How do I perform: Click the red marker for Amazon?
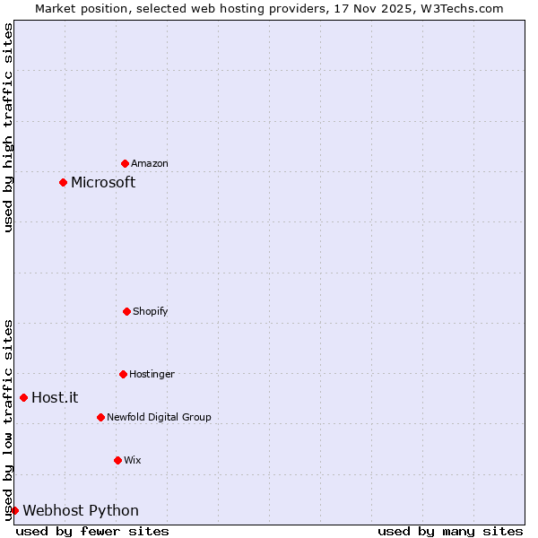(125, 163)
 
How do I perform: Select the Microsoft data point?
(63, 182)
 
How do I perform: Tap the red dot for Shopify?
(126, 311)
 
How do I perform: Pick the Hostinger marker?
(123, 374)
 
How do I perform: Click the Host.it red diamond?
(23, 397)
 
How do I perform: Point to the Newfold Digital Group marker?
(100, 417)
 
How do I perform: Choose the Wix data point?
(117, 460)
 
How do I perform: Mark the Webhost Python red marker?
(14, 510)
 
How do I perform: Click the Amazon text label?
(150, 163)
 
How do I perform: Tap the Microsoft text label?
(103, 182)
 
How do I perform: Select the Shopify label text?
(151, 311)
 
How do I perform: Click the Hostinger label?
(152, 374)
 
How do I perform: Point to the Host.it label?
(55, 397)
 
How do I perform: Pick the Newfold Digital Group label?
(159, 417)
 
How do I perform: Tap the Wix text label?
(133, 460)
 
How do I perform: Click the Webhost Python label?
(81, 510)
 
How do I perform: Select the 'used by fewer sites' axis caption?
(92, 531)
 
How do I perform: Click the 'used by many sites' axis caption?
(450, 531)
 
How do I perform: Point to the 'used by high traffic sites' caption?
(8, 127)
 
